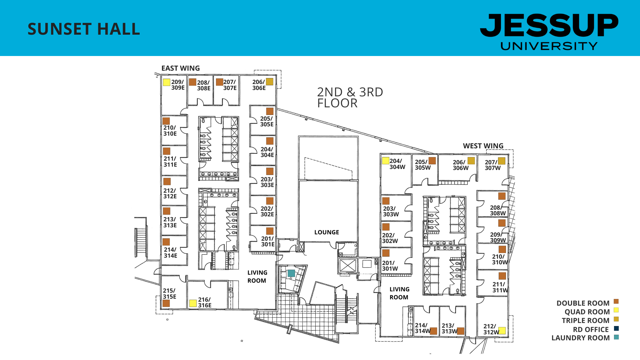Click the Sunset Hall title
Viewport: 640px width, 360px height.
[x=84, y=29]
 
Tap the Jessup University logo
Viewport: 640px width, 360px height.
[x=549, y=32]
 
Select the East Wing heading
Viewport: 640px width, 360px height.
[x=180, y=68]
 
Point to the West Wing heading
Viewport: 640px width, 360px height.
[x=483, y=146]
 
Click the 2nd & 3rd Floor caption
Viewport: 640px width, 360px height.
[x=350, y=97]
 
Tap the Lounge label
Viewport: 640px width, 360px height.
[x=326, y=232]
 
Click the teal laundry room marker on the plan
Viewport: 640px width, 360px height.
[x=291, y=273]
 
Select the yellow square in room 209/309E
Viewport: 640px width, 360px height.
[x=167, y=82]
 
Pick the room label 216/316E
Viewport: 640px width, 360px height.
[x=204, y=302]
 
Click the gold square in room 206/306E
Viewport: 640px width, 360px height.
[x=270, y=82]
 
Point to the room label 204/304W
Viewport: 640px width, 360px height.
[x=397, y=164]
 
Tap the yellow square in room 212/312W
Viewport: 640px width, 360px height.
[x=502, y=331]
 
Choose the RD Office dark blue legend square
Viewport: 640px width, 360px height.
[x=616, y=328]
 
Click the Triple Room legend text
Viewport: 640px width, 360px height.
[x=585, y=321]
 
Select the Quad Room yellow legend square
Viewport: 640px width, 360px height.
[x=616, y=310]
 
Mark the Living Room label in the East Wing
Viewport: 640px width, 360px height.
[x=257, y=277]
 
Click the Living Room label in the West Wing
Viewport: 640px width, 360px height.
[x=399, y=293]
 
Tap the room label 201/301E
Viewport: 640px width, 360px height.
[x=267, y=241]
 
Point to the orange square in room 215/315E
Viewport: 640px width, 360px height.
[x=166, y=303]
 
